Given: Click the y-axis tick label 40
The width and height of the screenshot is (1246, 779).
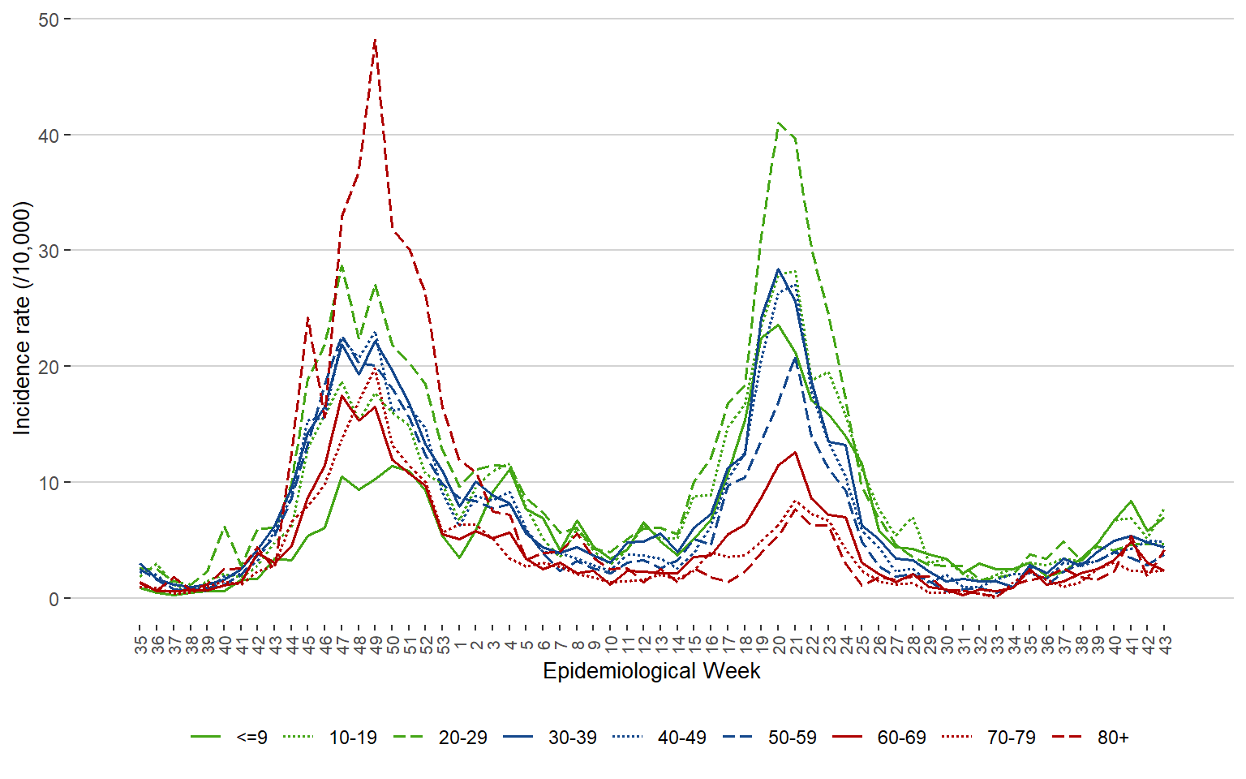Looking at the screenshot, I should pyautogui.click(x=49, y=136).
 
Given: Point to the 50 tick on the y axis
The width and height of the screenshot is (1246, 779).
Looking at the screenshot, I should pyautogui.click(x=49, y=19).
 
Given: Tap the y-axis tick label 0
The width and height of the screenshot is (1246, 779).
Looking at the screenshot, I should pyautogui.click(x=54, y=599).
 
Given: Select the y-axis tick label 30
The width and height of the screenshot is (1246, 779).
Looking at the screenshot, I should pyautogui.click(x=49, y=252).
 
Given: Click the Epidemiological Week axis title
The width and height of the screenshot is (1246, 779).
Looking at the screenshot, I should pyautogui.click(x=651, y=672).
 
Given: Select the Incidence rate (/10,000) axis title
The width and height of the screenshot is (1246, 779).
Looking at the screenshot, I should pyautogui.click(x=22, y=317).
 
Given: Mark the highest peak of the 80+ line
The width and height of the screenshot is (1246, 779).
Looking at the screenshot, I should pyautogui.click(x=375, y=39).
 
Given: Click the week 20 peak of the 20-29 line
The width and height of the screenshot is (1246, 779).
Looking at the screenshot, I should pyautogui.click(x=779, y=123).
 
